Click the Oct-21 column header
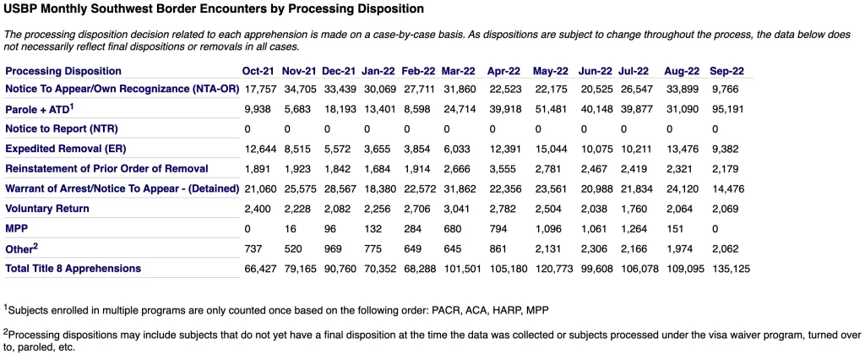[x=258, y=71]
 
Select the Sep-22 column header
[x=726, y=71]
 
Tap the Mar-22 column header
[x=460, y=71]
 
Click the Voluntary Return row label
[x=47, y=209]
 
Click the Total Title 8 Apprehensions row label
[x=73, y=269]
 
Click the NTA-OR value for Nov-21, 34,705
[x=298, y=90]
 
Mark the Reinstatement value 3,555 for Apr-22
[x=500, y=169]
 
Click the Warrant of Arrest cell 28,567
[x=338, y=188]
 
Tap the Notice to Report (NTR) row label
[x=61, y=129]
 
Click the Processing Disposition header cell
[x=63, y=71]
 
